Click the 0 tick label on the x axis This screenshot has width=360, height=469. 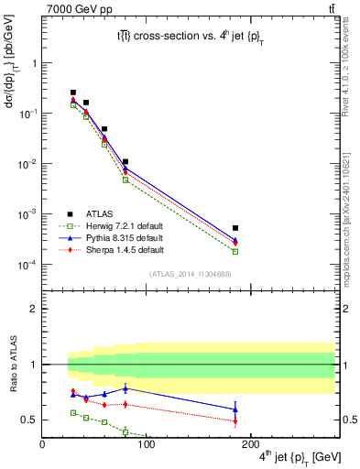click(42, 443)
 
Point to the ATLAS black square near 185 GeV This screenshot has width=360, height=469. click(235, 228)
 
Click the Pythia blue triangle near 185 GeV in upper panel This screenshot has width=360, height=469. click(235, 239)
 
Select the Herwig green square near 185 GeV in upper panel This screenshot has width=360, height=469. click(235, 251)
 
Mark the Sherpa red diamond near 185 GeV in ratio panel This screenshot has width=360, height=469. click(235, 420)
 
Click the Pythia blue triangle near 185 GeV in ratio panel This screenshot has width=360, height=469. click(235, 409)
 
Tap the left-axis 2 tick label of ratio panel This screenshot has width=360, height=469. click(32, 309)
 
